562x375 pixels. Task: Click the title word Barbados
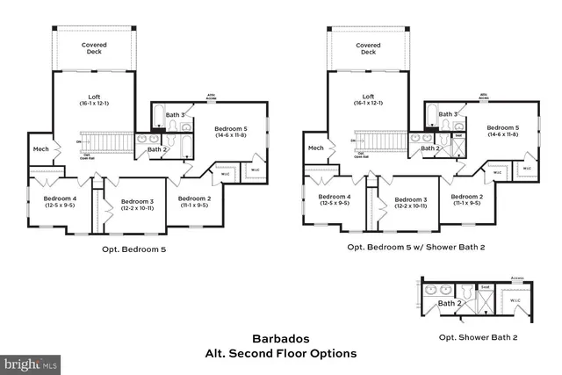click(280, 338)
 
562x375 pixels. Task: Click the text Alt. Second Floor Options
click(280, 354)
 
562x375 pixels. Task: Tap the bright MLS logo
click(31, 362)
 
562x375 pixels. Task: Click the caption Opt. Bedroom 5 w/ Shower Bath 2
click(415, 247)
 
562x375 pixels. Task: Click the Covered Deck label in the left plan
click(95, 48)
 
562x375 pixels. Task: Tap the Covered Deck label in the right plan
click(369, 48)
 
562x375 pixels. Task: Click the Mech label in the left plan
click(40, 148)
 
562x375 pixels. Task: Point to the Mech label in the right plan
click(315, 148)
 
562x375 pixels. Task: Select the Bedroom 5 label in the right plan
click(504, 130)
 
